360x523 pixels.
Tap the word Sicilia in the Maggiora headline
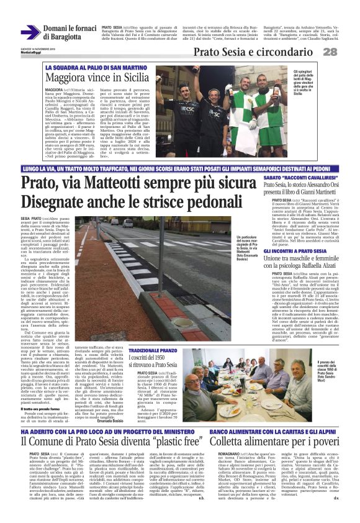tap(130, 77)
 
